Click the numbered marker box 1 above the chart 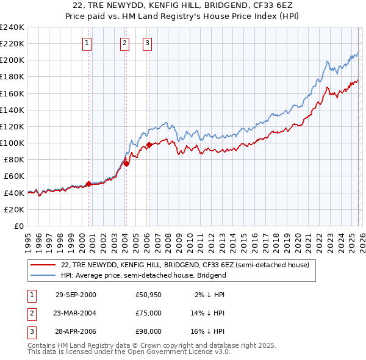[x=87, y=43]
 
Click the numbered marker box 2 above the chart [x=124, y=43]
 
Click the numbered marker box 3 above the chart [x=148, y=43]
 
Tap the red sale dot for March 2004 [x=126, y=164]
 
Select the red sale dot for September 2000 [x=88, y=183]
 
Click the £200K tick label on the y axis [x=12, y=60]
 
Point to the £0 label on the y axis [x=18, y=226]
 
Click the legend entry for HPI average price [x=143, y=275]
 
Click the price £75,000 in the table [x=149, y=313]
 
